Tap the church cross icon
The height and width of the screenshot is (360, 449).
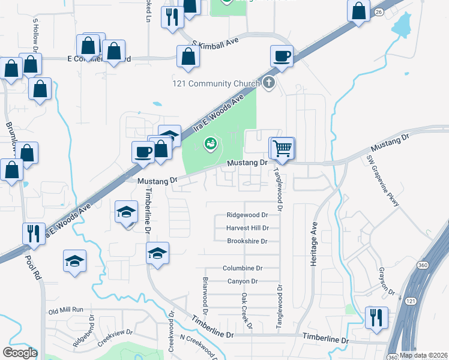pyautogui.click(x=269, y=83)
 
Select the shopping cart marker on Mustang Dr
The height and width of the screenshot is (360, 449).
pyautogui.click(x=282, y=148)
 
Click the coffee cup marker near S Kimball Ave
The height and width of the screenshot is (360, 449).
pyautogui.click(x=282, y=56)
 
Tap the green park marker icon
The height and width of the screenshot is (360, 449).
pyautogui.click(x=210, y=143)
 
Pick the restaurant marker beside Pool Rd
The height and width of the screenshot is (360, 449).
pyautogui.click(x=33, y=233)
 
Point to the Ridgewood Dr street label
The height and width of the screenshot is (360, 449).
pyautogui.click(x=247, y=215)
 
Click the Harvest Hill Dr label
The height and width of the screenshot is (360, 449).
pyautogui.click(x=247, y=228)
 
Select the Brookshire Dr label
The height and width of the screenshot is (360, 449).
pyautogui.click(x=247, y=241)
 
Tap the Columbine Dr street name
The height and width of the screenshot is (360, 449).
pyautogui.click(x=243, y=268)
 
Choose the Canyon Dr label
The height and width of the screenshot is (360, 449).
pyautogui.click(x=243, y=281)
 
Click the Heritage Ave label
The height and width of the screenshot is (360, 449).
pyautogui.click(x=313, y=238)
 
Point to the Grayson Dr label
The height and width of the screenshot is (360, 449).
pyautogui.click(x=387, y=284)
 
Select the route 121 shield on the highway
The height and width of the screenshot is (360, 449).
pyautogui.click(x=410, y=301)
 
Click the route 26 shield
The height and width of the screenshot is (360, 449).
pyautogui.click(x=379, y=11)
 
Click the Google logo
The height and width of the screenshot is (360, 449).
pyautogui.click(x=20, y=353)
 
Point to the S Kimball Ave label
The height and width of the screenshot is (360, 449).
pyautogui.click(x=215, y=44)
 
